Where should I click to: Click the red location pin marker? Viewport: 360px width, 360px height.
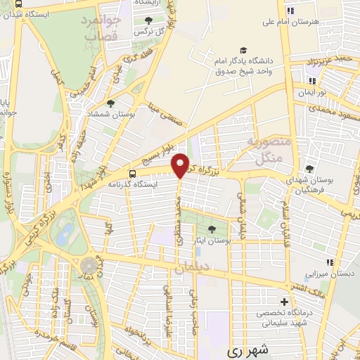pos(181,165)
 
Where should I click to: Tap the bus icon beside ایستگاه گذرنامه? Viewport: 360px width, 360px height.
pos(133,174)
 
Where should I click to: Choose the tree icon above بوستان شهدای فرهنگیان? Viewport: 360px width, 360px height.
pos(309,169)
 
